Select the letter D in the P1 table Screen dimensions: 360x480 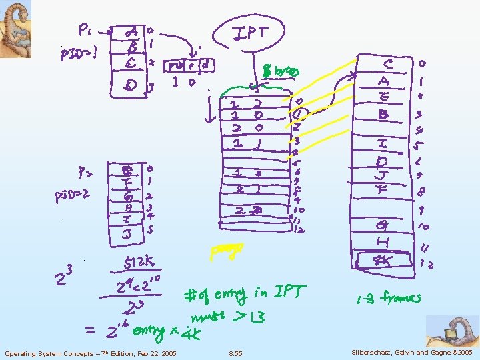pos(132,85)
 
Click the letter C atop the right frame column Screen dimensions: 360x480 pos(389,64)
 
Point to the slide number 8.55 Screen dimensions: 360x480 pos(235,353)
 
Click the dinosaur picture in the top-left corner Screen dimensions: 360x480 pos(15,29)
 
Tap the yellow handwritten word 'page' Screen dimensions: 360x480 pos(226,251)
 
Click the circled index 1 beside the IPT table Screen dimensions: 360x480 pos(301,113)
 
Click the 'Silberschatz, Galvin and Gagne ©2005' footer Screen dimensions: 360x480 pos(409,352)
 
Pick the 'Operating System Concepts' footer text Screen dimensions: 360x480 pos(90,353)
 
